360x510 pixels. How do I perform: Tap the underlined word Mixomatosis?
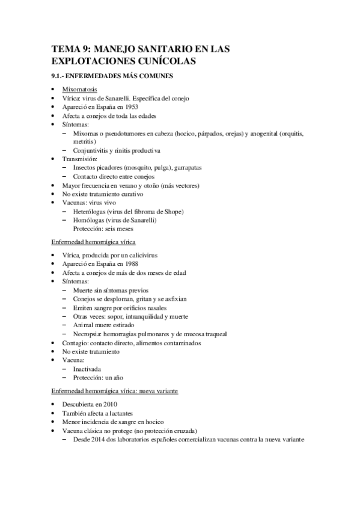[82, 90]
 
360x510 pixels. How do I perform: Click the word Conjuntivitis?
[94, 150]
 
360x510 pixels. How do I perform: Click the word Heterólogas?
[91, 212]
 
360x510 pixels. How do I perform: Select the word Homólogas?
[90, 220]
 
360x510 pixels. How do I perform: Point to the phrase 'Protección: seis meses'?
[103, 229]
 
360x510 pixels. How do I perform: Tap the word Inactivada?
[87, 369]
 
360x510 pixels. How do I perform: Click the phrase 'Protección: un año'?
[98, 377]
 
